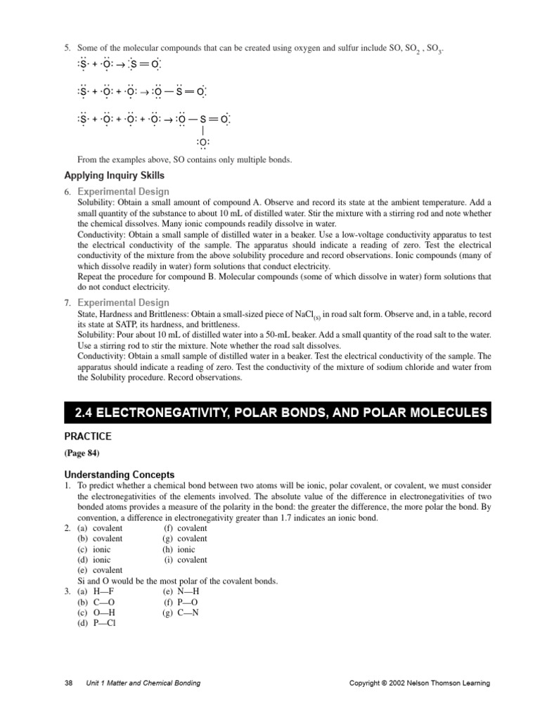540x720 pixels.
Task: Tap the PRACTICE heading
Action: [88, 437]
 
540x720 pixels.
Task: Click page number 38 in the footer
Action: [68, 683]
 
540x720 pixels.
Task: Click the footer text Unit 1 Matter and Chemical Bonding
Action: [143, 683]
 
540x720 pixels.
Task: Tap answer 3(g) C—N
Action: [181, 612]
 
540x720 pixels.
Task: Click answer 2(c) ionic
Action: [94, 549]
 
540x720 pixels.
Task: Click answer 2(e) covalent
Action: [100, 570]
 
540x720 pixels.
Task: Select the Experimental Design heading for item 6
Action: [123, 191]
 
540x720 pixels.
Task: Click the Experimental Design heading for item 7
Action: [123, 302]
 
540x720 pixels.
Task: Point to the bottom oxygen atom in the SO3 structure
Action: [202, 144]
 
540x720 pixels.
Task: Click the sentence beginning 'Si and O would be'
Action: [177, 581]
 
